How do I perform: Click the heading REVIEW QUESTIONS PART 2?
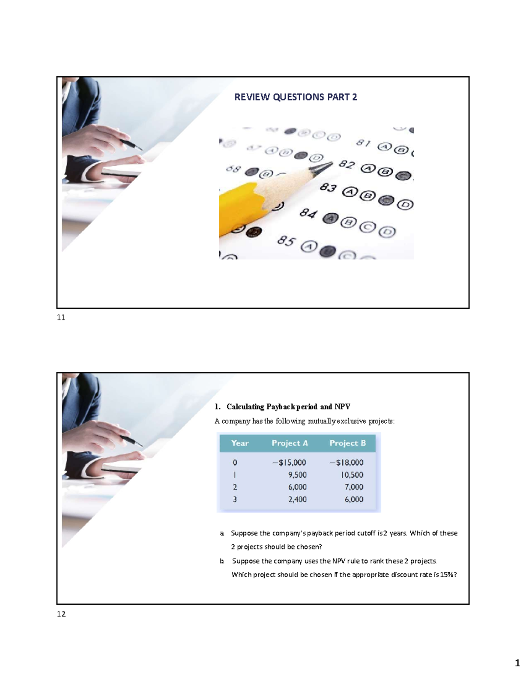tap(295, 97)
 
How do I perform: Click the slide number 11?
tap(61, 317)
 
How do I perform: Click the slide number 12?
tap(61, 614)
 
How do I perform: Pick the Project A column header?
tap(290, 443)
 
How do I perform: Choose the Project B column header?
tap(347, 443)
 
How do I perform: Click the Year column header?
tap(240, 443)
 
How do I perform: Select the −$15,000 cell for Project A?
tap(289, 462)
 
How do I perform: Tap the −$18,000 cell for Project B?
tap(346, 462)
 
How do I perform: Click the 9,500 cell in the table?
tap(297, 474)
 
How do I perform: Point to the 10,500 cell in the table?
tap(352, 474)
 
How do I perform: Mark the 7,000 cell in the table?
tap(354, 487)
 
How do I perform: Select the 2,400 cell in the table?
tap(297, 499)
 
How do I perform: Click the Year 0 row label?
tap(235, 462)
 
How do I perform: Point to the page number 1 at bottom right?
tap(517, 663)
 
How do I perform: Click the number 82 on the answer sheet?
tap(347, 164)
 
